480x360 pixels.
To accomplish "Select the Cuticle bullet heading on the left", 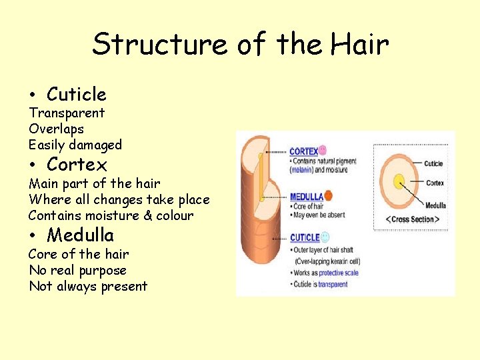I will pyautogui.click(x=76, y=94).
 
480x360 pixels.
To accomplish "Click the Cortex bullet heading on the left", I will pyautogui.click(x=77, y=164).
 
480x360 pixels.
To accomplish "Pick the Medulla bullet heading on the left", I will pyautogui.click(x=80, y=235).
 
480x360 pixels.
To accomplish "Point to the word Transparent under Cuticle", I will pyautogui.click(x=67, y=113).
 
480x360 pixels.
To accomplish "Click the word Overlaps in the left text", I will pyautogui.click(x=56, y=129).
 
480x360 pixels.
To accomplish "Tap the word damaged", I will pyautogui.click(x=95, y=145).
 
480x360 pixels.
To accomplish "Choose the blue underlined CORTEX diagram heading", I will pyautogui.click(x=303, y=151).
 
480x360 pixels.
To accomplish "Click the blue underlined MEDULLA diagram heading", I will pyautogui.click(x=306, y=197).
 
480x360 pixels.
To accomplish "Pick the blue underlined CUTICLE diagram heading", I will pyautogui.click(x=305, y=237).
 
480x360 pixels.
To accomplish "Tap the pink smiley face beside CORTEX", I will pyautogui.click(x=323, y=150).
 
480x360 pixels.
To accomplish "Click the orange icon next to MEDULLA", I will pyautogui.click(x=328, y=196).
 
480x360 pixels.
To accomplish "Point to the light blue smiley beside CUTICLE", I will pyautogui.click(x=325, y=237).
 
